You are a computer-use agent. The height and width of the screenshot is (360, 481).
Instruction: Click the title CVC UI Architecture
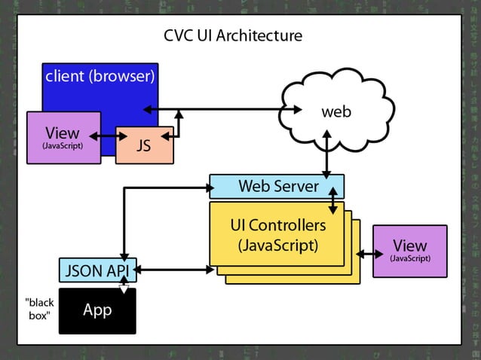coord(233,36)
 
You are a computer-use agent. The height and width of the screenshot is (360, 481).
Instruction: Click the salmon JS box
coord(144,145)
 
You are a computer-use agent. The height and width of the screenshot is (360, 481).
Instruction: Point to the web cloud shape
coord(335,113)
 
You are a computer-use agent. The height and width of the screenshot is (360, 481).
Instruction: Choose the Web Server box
coord(277,185)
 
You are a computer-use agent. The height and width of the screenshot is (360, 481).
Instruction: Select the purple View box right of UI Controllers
coord(409,250)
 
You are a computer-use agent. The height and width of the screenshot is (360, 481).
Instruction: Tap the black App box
coord(97,310)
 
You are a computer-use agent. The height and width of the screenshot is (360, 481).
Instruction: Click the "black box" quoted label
coord(39,310)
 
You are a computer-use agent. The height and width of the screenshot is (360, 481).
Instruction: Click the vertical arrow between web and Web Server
coord(326,151)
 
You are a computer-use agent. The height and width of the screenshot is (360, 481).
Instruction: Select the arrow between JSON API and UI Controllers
coord(172,269)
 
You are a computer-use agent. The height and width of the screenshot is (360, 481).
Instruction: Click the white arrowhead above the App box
coord(124,288)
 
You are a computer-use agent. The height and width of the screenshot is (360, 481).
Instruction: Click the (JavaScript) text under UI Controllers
coord(277,245)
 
